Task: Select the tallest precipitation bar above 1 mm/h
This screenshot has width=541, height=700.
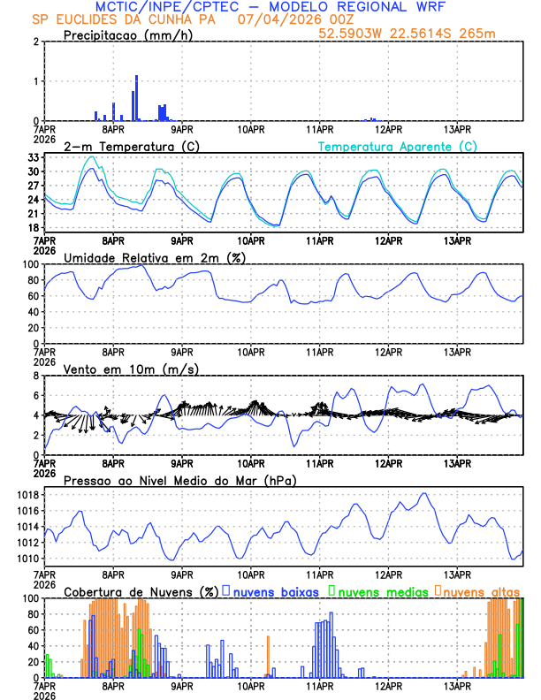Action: pyautogui.click(x=137, y=98)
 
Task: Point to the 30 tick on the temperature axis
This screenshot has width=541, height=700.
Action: pyautogui.click(x=34, y=171)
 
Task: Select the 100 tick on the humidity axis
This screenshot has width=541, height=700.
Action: pyautogui.click(x=31, y=264)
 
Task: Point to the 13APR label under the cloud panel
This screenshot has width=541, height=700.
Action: pyautogui.click(x=457, y=687)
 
